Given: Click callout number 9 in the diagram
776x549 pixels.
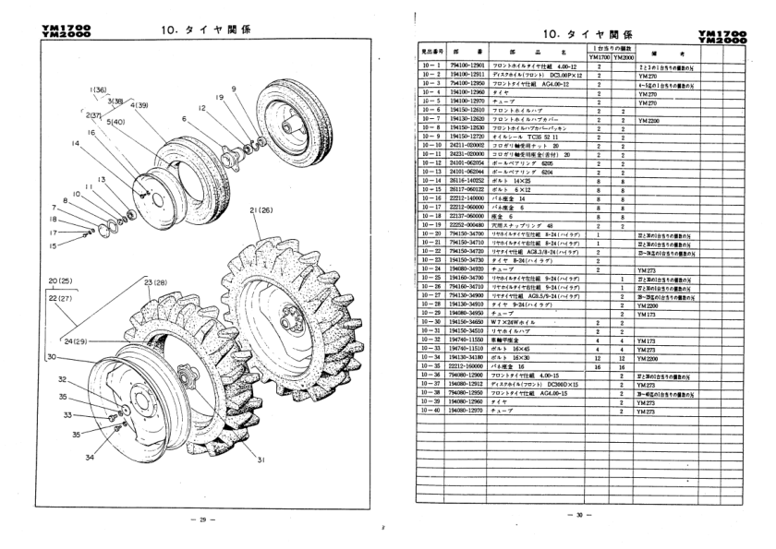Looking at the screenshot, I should pos(234,89).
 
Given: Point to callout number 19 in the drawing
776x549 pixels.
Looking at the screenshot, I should pos(219,96).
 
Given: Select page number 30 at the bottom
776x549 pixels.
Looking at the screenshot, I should pos(577,514).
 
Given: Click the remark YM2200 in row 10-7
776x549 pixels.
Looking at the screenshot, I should pos(650,120).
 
